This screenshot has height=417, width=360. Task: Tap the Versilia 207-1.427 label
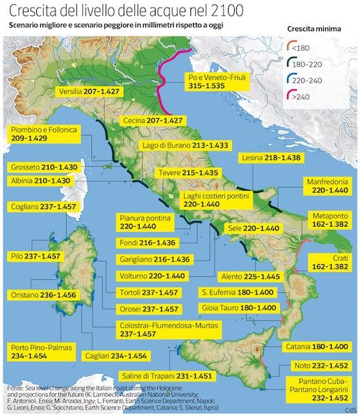click(x=85, y=91)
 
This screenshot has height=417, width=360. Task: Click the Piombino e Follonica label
click(x=41, y=135)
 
